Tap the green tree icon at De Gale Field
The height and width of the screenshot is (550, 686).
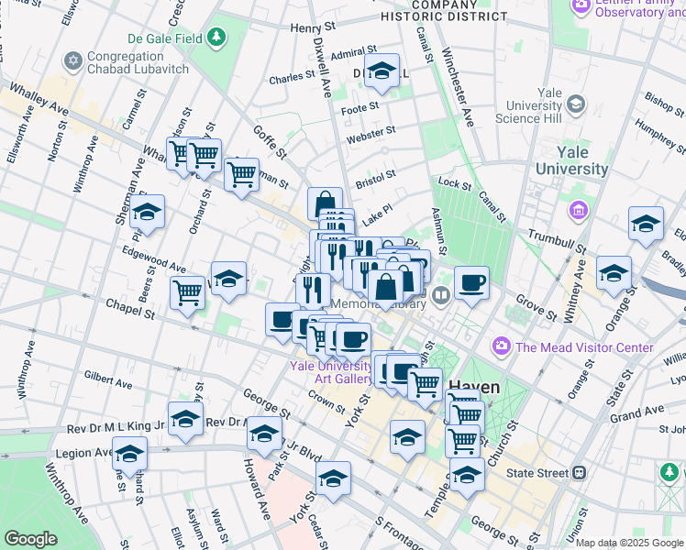(x=216, y=38)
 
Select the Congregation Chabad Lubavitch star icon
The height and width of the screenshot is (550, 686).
(x=73, y=61)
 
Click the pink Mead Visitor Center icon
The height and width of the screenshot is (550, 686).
(x=501, y=346)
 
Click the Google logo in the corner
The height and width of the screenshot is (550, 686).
(x=31, y=538)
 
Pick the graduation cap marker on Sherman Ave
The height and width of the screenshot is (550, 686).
(x=147, y=213)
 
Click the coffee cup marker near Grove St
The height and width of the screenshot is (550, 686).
(x=471, y=283)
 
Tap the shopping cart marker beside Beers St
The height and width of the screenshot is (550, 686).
(x=187, y=293)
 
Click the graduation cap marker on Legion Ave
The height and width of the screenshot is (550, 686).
(x=130, y=454)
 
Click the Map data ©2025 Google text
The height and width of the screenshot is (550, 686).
(x=629, y=543)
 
